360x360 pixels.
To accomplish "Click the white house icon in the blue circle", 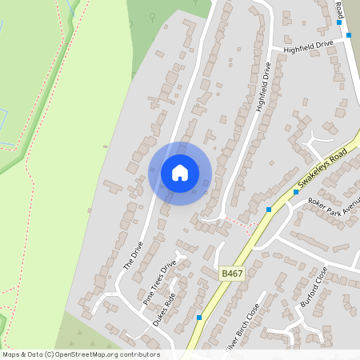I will [x=180, y=173].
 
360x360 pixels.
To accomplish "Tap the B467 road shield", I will [x=232, y=274].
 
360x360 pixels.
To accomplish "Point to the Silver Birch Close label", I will [x=242, y=326].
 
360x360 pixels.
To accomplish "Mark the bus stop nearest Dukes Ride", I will [x=198, y=318].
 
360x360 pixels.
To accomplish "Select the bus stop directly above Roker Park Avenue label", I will [x=296, y=192].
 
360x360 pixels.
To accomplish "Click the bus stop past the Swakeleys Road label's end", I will [x=269, y=209].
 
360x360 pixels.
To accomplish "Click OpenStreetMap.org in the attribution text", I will [x=85, y=354].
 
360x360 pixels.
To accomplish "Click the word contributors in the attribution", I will [x=136, y=354].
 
